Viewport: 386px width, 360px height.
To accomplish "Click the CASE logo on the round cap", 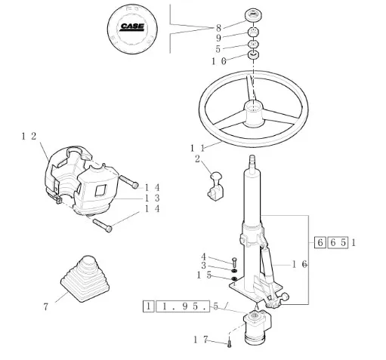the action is tap(132, 26).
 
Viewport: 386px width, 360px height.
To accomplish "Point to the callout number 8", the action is tap(218, 28).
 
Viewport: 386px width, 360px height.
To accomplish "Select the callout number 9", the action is tap(218, 38).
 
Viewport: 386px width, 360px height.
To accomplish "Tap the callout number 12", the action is tap(29, 137).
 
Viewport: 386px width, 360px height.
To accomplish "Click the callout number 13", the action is tap(153, 198).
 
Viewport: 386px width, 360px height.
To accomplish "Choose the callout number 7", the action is tap(45, 306).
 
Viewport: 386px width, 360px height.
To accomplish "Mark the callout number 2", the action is tap(197, 159).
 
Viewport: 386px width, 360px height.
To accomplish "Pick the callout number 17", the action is tap(201, 340).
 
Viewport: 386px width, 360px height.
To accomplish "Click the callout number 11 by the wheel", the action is tap(197, 148).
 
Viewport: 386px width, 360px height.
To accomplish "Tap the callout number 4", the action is tap(203, 257).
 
